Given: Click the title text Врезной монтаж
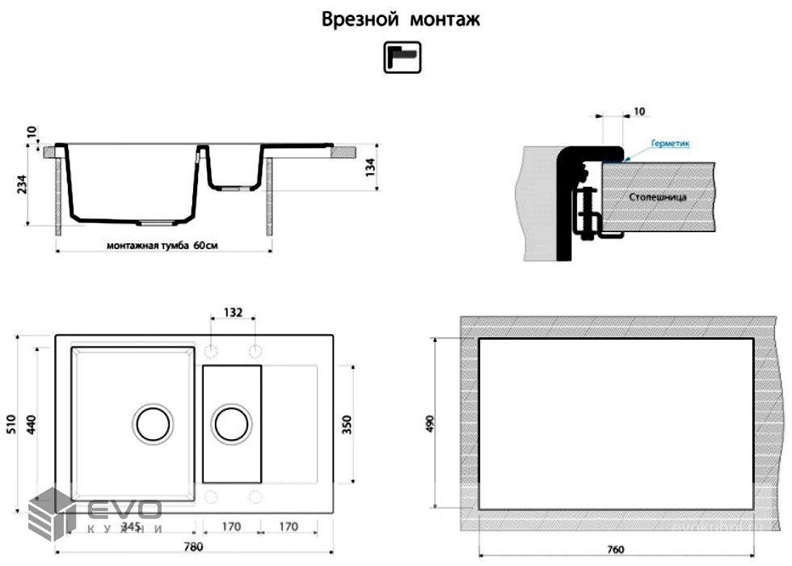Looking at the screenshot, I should [401, 19].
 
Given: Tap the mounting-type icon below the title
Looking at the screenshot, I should [402, 58].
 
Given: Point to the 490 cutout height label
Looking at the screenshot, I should [430, 424].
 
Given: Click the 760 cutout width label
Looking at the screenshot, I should [615, 549].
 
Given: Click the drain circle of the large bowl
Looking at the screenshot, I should [152, 423].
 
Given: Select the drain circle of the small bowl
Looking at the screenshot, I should [231, 423].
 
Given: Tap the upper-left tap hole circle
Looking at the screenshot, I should [212, 352].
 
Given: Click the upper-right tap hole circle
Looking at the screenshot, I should [255, 352].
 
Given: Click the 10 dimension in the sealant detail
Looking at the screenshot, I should [639, 112].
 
